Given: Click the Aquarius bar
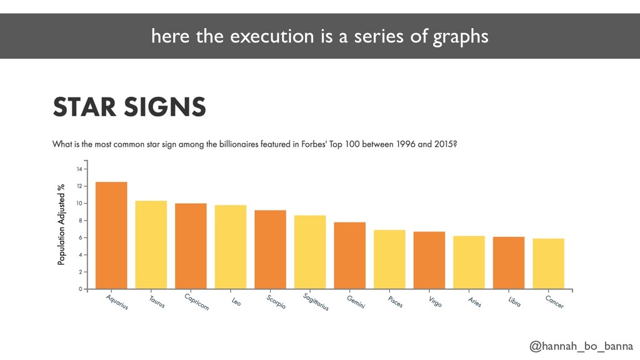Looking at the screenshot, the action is (111, 235).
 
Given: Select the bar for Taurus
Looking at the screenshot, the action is (151, 245).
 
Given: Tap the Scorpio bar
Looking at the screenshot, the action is (270, 249).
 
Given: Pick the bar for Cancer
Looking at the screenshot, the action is (549, 264).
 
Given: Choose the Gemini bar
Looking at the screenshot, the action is (350, 256).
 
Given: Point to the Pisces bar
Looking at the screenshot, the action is (389, 259).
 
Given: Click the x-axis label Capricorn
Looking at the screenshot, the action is (197, 302).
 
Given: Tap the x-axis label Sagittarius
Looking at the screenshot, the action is (316, 302).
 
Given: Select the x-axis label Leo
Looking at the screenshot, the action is (236, 302).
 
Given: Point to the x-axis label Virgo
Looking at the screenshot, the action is (435, 302).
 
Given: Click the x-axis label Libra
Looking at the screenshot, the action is (515, 302).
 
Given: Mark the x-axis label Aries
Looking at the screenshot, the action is (475, 302).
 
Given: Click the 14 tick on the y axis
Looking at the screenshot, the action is (79, 169).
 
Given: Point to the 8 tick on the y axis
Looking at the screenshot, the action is (81, 221).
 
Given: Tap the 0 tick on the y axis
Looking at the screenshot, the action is (81, 289).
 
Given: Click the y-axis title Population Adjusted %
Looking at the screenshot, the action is (61, 224).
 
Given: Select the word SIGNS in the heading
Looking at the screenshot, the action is (164, 107).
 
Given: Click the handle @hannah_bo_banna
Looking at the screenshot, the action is (581, 346).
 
